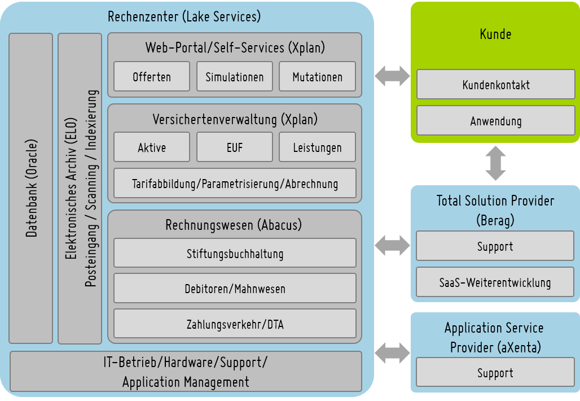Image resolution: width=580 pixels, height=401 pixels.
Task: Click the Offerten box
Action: (x=152, y=77)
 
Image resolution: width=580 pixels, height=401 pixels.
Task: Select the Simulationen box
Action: (x=234, y=77)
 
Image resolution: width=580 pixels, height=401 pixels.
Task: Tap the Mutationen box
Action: (x=317, y=77)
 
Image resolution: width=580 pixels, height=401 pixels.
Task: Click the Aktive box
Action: (x=152, y=147)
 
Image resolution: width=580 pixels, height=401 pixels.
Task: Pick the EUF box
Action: (x=234, y=147)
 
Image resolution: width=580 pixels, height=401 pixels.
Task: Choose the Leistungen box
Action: (x=317, y=147)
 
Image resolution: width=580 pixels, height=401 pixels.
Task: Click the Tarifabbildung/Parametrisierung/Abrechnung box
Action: (x=235, y=184)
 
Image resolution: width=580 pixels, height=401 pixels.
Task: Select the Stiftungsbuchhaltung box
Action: (x=235, y=254)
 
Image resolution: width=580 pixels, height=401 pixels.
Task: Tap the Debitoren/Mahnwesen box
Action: (x=235, y=289)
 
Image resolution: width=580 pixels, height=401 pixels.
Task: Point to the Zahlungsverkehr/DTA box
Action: (x=235, y=324)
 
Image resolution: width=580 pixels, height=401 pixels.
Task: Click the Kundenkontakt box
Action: (x=495, y=85)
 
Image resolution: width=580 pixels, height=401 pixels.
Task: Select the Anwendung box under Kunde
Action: (x=495, y=121)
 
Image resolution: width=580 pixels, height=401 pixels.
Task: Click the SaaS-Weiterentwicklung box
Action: (x=495, y=282)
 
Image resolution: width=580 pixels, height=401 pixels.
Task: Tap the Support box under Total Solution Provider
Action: (x=495, y=246)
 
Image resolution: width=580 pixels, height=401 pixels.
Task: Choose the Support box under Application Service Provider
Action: (x=495, y=373)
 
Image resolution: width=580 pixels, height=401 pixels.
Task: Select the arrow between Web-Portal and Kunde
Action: (x=392, y=76)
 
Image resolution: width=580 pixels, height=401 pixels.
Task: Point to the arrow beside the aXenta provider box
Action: (x=392, y=352)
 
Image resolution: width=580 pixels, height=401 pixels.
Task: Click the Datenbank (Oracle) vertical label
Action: (x=31, y=188)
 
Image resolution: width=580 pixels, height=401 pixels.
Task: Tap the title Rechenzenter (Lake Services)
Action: (x=184, y=16)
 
